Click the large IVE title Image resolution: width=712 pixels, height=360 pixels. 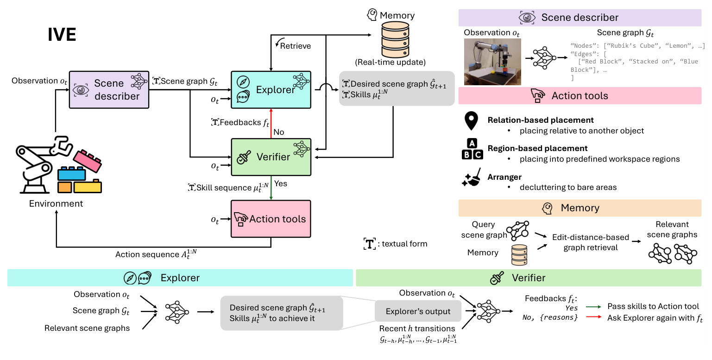pos(62,35)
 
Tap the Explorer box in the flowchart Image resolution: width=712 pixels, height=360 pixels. pos(271,90)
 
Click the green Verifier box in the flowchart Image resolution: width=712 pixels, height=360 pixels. pos(271,157)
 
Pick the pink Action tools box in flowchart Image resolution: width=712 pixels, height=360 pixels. pos(271,219)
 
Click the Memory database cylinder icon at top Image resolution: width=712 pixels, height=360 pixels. pos(395,39)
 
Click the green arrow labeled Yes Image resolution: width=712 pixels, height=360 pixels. pos(271,188)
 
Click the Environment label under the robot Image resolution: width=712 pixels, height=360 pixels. pos(56,203)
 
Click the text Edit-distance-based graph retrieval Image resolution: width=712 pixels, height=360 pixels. pos(590,242)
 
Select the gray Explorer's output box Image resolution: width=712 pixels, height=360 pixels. pos(418,311)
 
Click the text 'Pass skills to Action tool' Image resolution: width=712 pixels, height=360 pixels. pos(653,306)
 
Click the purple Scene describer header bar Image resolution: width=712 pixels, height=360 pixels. pos(580,18)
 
